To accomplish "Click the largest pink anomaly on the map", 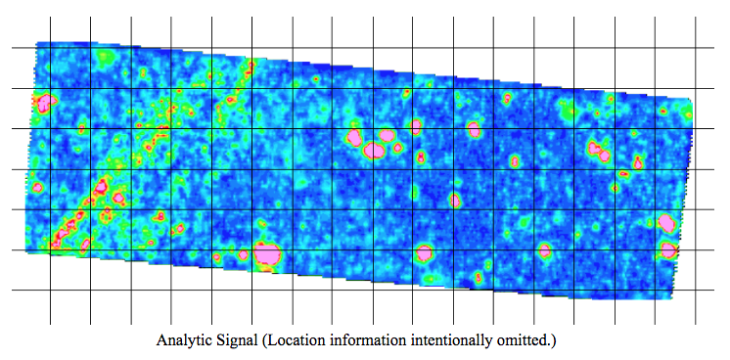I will click(267, 254).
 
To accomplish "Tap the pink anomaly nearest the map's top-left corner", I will click(44, 101).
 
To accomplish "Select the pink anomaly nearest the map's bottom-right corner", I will click(668, 250).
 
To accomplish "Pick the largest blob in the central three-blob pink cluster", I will click(388, 135).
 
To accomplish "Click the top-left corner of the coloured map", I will click(37, 43).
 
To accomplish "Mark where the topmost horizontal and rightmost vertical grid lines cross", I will click(696, 48).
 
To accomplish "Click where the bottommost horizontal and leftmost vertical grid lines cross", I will click(50, 291).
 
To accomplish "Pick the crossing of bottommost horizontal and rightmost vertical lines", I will click(696, 291).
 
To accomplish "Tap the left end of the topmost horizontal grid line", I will click(11, 48).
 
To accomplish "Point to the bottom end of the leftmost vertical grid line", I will click(50, 324).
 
